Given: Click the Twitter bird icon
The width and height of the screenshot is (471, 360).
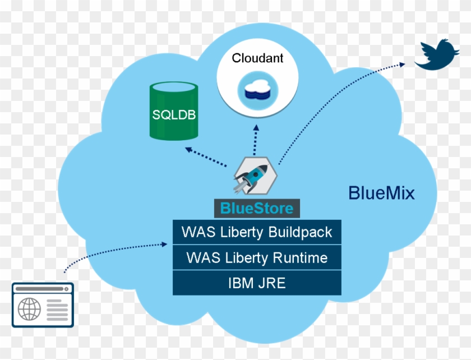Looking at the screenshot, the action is [437, 55].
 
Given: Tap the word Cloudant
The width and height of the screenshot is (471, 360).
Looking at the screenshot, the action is [257, 58].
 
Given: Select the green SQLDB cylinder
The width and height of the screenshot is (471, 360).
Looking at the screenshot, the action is [174, 111].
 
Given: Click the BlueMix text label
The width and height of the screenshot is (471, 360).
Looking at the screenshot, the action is [381, 193].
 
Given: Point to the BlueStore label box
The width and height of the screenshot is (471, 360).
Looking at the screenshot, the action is [257, 208].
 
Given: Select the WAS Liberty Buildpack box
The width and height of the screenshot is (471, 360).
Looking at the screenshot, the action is [257, 232].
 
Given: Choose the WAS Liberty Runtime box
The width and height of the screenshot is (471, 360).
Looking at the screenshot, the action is [257, 257].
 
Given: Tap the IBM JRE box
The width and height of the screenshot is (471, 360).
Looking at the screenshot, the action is [257, 283].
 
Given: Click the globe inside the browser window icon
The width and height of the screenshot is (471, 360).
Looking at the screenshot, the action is [29, 309].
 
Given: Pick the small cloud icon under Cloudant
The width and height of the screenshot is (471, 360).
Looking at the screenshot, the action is [258, 90].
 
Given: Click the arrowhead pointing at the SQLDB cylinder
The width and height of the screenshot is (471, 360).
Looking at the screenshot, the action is [188, 149].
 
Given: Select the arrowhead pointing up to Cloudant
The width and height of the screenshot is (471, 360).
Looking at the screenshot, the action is [256, 128].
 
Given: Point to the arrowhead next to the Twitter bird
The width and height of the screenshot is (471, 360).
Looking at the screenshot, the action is [402, 64].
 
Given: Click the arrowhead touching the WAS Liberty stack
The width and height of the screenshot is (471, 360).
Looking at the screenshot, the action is [164, 244].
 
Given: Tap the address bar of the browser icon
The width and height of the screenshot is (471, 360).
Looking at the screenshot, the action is [40, 289].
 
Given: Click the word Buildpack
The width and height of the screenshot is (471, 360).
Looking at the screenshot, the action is [300, 233].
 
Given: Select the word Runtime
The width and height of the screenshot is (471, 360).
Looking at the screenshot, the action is [300, 258].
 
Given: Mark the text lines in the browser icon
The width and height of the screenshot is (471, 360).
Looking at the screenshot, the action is [57, 310].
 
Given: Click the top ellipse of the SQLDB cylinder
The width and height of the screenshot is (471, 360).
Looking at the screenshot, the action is [174, 87].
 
